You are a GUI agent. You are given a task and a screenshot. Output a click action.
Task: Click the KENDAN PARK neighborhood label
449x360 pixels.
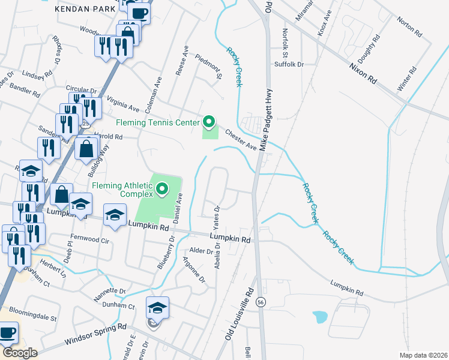80,10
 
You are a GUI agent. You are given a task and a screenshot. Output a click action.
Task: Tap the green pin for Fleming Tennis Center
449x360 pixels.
209,122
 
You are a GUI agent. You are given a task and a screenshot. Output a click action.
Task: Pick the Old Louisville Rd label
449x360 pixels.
240,317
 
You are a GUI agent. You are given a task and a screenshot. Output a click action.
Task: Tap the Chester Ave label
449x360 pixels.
241,140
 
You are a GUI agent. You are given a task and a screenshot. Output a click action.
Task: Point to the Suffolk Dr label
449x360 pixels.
289,64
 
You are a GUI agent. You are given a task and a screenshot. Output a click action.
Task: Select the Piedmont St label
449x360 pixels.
209,66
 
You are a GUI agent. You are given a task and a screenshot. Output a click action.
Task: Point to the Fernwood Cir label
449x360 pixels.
90,241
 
